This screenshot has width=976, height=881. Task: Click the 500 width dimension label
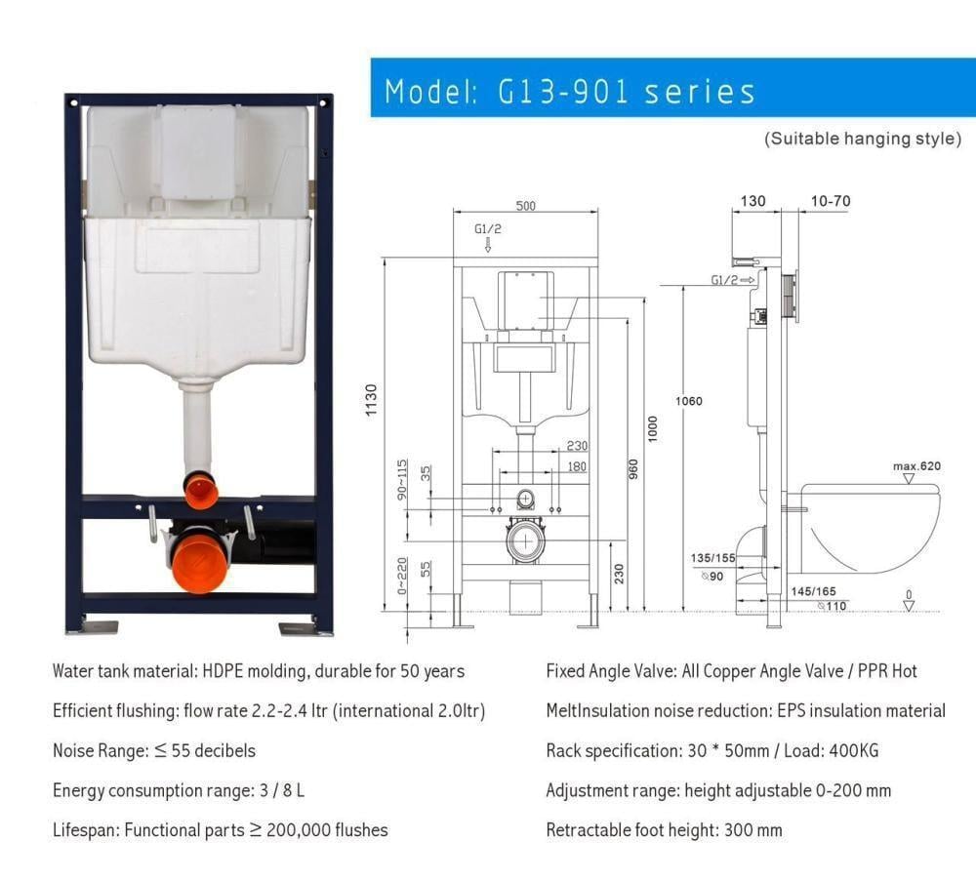click(x=525, y=205)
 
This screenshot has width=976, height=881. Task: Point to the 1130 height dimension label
click(x=371, y=400)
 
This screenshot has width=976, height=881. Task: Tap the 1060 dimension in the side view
click(x=688, y=401)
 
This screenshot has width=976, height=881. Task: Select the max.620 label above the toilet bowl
click(x=916, y=466)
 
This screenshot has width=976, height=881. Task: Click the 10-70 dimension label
click(x=831, y=201)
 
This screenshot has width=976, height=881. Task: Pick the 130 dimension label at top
click(x=752, y=201)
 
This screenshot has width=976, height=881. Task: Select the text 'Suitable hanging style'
click(x=863, y=139)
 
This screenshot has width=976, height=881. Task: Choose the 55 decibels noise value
click(x=214, y=750)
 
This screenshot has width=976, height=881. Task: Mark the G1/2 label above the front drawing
click(x=487, y=229)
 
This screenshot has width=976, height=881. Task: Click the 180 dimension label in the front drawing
click(x=577, y=466)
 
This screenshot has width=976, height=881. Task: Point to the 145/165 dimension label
click(x=814, y=591)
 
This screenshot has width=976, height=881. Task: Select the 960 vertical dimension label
click(x=633, y=469)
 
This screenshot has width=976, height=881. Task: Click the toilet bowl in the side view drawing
click(x=872, y=529)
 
